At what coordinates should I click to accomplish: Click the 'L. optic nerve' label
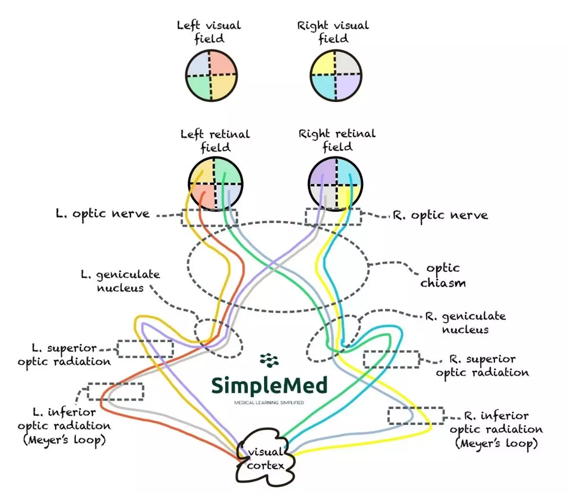(102, 214)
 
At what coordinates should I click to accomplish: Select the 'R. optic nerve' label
(440, 215)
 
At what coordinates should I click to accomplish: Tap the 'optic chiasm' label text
(442, 275)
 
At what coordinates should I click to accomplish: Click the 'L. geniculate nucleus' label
(120, 281)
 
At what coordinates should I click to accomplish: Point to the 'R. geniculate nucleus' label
(465, 323)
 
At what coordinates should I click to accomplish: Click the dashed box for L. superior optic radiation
(145, 348)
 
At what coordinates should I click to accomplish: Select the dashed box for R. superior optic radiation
(391, 359)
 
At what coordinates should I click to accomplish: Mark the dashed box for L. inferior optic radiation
(116, 391)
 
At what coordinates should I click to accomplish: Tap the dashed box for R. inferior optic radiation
(416, 415)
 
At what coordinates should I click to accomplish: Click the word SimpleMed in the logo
(269, 386)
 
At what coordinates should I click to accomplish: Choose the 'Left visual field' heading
(209, 32)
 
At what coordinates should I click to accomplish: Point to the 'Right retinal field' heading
(337, 140)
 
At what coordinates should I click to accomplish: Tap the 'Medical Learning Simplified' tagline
(269, 403)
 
